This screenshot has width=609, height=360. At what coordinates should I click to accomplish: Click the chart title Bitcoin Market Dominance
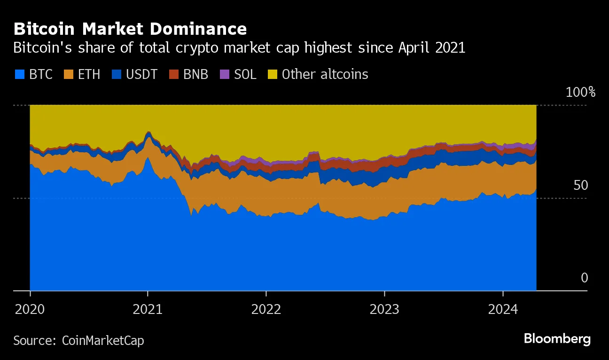tap(130, 29)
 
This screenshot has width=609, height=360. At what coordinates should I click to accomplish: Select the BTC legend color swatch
tap(19, 74)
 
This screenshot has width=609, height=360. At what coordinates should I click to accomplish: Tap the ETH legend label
tap(89, 74)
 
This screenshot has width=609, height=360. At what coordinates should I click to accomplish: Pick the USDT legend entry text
tap(142, 74)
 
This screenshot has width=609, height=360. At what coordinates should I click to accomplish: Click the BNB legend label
tap(195, 74)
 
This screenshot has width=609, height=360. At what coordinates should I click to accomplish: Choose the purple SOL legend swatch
tap(225, 74)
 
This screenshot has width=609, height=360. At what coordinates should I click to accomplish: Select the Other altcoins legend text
tap(325, 74)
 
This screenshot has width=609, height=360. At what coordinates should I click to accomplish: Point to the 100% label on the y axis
tap(580, 92)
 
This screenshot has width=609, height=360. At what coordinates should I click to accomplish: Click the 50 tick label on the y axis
tap(580, 185)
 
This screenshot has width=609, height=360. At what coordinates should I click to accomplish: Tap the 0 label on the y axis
tap(584, 278)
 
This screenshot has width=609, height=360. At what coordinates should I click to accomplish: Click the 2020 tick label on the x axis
tap(30, 309)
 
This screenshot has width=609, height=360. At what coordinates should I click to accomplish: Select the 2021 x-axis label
tap(148, 309)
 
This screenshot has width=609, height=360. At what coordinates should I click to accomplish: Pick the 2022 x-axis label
tap(266, 309)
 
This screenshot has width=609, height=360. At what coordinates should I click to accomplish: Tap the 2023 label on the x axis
tap(384, 309)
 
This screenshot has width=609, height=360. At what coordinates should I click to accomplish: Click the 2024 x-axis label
tap(503, 309)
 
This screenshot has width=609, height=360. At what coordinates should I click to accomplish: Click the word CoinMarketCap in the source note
tap(103, 340)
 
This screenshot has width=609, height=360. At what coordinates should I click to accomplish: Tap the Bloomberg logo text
tap(557, 339)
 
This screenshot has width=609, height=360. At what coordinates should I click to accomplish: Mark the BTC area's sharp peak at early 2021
tap(148, 158)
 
